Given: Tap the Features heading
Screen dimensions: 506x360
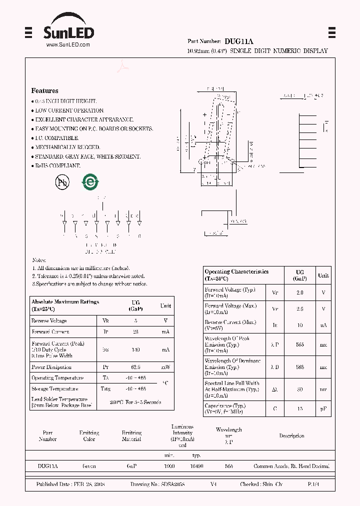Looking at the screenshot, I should pyautogui.click(x=44, y=91).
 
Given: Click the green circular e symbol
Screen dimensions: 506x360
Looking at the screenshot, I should pyautogui.click(x=90, y=182).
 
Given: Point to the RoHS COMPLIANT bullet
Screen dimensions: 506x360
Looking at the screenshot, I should pyautogui.click(x=57, y=165).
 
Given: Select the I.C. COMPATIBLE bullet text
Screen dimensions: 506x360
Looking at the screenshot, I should pyautogui.click(x=56, y=138).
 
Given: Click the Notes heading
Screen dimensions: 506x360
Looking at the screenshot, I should pyautogui.click(x=39, y=260).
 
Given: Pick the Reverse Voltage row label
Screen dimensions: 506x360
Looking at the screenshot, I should pyautogui.click(x=48, y=321).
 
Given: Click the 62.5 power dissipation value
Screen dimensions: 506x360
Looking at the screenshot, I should pyautogui.click(x=135, y=367).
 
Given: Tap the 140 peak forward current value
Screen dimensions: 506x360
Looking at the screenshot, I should pyautogui.click(x=135, y=350).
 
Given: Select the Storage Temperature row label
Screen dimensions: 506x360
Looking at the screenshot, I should pyautogui.click(x=54, y=389).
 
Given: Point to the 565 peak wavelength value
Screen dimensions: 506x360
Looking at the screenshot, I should pyautogui.click(x=299, y=344).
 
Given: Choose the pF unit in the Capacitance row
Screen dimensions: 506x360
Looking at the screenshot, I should pyautogui.click(x=323, y=409).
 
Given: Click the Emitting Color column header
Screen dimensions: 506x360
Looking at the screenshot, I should pyautogui.click(x=89, y=436).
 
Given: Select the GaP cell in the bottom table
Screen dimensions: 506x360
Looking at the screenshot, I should pyautogui.click(x=131, y=466).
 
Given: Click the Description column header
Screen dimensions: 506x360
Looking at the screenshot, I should pyautogui.click(x=291, y=436).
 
